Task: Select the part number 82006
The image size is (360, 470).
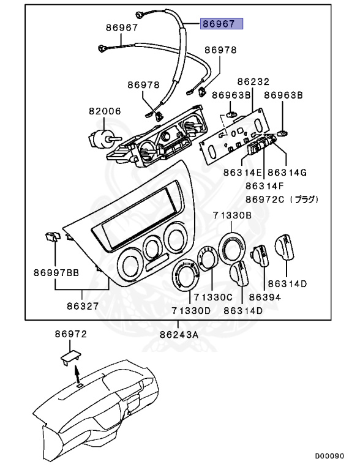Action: pos(105,111)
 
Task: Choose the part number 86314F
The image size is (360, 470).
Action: pos(265,186)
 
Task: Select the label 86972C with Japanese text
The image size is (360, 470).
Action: pos(282,200)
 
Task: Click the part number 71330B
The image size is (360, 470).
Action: pos(232,215)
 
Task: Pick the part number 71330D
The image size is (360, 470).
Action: pos(190,311)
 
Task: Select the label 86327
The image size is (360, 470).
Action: pos(83,304)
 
